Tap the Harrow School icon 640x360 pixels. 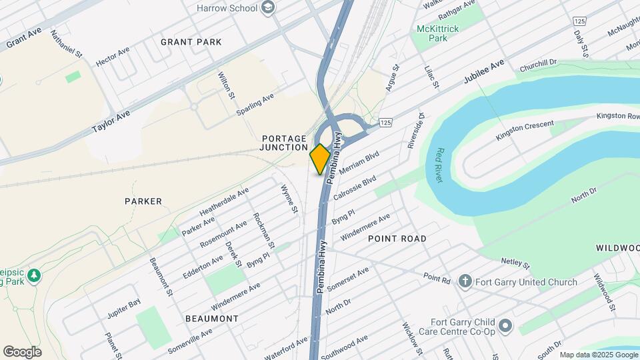click(x=268, y=8)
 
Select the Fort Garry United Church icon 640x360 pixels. click(x=466, y=282)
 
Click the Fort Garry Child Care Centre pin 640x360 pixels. click(x=505, y=326)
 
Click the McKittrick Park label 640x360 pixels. click(x=441, y=34)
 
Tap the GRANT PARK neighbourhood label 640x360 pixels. click(x=191, y=42)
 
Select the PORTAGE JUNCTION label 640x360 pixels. click(x=284, y=143)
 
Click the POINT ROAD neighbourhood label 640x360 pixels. click(x=397, y=239)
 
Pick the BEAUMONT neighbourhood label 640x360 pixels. click(x=212, y=319)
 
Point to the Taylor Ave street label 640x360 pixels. click(x=111, y=122)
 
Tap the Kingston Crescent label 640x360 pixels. click(x=525, y=130)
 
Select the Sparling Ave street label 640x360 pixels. click(x=255, y=105)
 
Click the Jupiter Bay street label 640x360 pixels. click(x=125, y=303)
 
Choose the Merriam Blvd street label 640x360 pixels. click(x=359, y=163)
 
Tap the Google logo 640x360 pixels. click(x=22, y=352)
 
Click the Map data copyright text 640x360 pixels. click(x=598, y=355)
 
